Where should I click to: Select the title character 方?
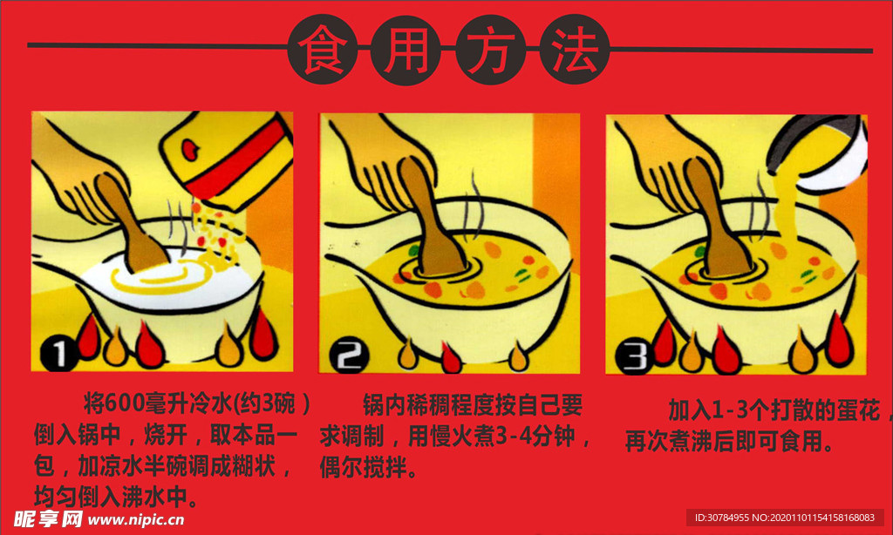pyautogui.click(x=489, y=51)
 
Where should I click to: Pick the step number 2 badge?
pyautogui.click(x=351, y=356)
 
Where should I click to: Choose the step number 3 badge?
pyautogui.click(x=635, y=356)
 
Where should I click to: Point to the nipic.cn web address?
pyautogui.click(x=136, y=519)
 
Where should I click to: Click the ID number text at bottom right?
pyautogui.click(x=788, y=518)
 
